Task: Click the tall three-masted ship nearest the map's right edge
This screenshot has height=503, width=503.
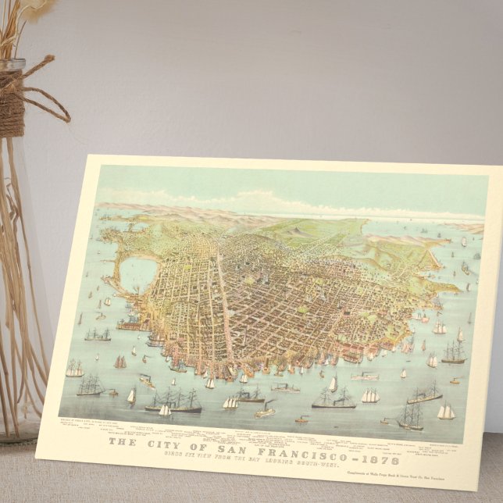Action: (453, 353)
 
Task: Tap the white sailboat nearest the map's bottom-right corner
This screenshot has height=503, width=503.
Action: (446, 412)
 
